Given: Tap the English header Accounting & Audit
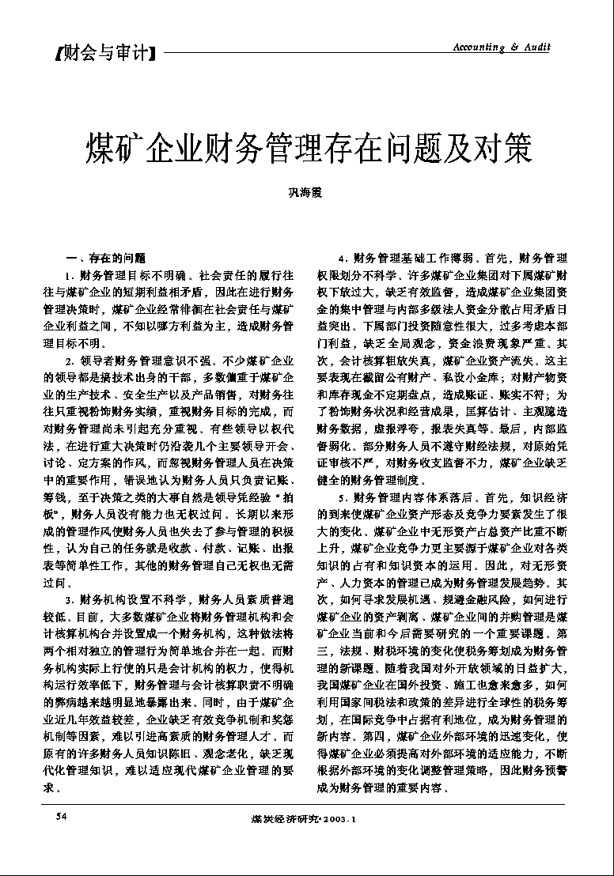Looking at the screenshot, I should pos(501,47).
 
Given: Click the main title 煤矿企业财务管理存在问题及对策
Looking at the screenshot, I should pos(309,146).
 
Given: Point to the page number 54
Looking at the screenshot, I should pos(60,814).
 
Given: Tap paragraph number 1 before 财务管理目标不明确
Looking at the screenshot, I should pos(70,276).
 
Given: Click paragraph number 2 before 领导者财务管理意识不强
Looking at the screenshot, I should pos(70,361).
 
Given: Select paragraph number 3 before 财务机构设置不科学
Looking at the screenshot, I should pos(70,599).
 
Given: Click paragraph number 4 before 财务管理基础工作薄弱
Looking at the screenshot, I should pos(343,259).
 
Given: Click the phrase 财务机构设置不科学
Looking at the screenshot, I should pos(131,599).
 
